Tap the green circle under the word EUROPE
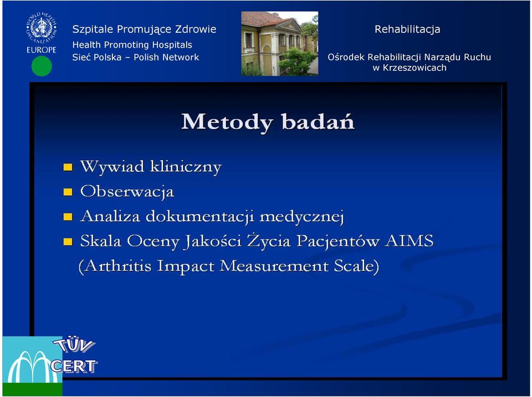tap(42, 66)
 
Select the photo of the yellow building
tap(279, 43)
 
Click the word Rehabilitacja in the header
tap(407, 29)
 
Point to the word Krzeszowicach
tap(415, 68)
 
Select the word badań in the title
tap(318, 121)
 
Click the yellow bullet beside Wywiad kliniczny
tap(68, 167)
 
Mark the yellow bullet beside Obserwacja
tap(68, 192)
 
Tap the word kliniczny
tap(186, 167)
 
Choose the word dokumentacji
tap(200, 217)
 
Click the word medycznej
tap(302, 217)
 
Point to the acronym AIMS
tap(409, 241)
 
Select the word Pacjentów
tap(338, 241)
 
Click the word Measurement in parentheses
tap(274, 266)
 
